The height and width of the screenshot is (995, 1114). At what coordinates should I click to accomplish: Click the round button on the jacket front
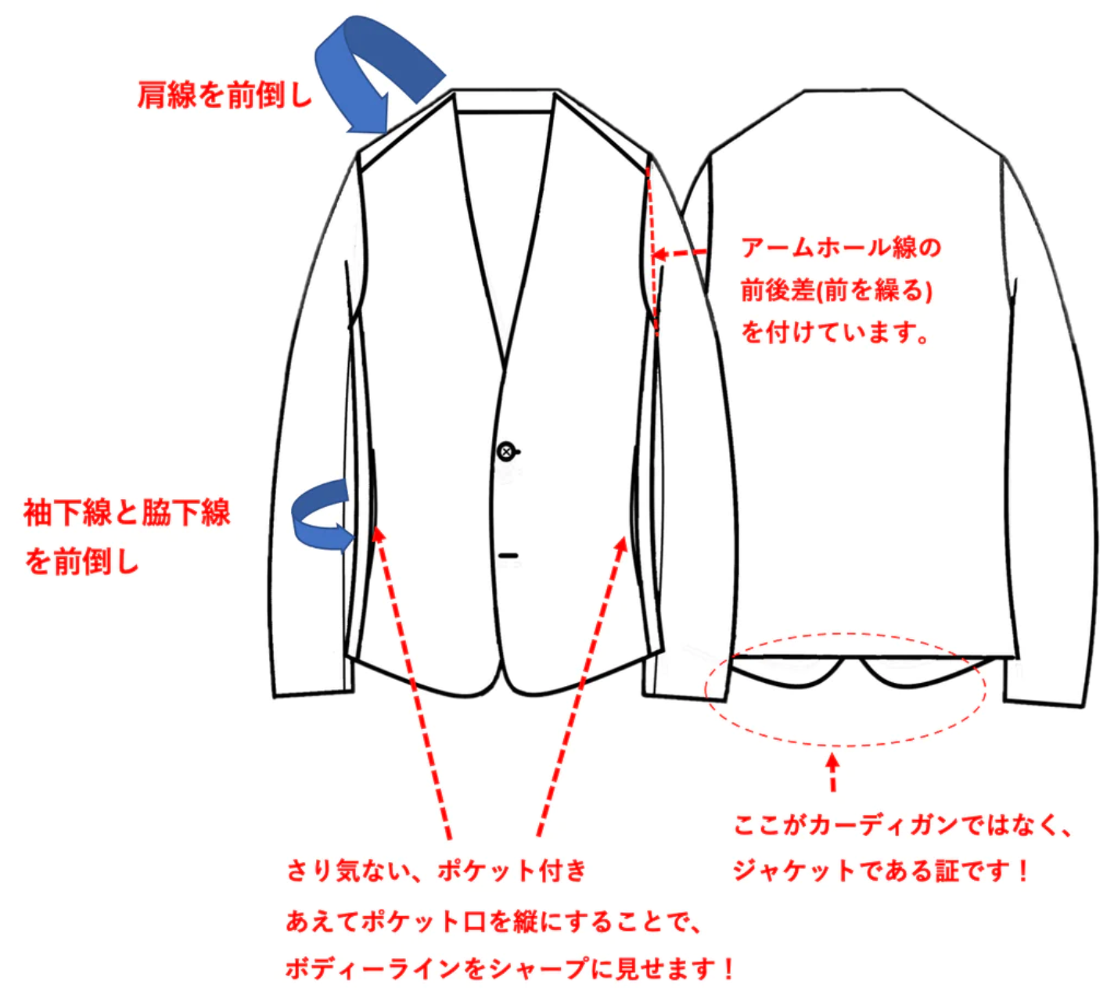[507, 451]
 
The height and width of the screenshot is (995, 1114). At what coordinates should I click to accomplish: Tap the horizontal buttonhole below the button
[508, 555]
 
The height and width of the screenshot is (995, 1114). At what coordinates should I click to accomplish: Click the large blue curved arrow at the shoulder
[376, 70]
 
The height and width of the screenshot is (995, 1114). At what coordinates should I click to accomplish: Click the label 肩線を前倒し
[225, 95]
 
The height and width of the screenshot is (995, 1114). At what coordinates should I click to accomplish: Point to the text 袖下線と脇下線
[127, 513]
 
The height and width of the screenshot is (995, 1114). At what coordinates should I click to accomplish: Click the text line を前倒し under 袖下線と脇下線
[81, 562]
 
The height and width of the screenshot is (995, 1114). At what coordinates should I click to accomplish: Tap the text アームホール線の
[841, 248]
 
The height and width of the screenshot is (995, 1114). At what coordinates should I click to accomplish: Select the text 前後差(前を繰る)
[836, 290]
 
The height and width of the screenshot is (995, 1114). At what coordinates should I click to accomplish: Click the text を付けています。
[835, 332]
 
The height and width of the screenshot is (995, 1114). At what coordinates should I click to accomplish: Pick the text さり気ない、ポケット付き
[436, 870]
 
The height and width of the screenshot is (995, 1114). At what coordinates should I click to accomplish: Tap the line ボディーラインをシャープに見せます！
[510, 969]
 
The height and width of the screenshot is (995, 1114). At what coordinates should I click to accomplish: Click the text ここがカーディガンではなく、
[903, 825]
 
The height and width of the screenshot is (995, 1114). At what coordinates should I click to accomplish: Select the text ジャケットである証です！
[881, 871]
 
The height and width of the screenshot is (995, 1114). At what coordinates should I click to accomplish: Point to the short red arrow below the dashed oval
[832, 771]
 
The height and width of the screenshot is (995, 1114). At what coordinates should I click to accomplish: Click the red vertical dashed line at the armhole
[652, 250]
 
